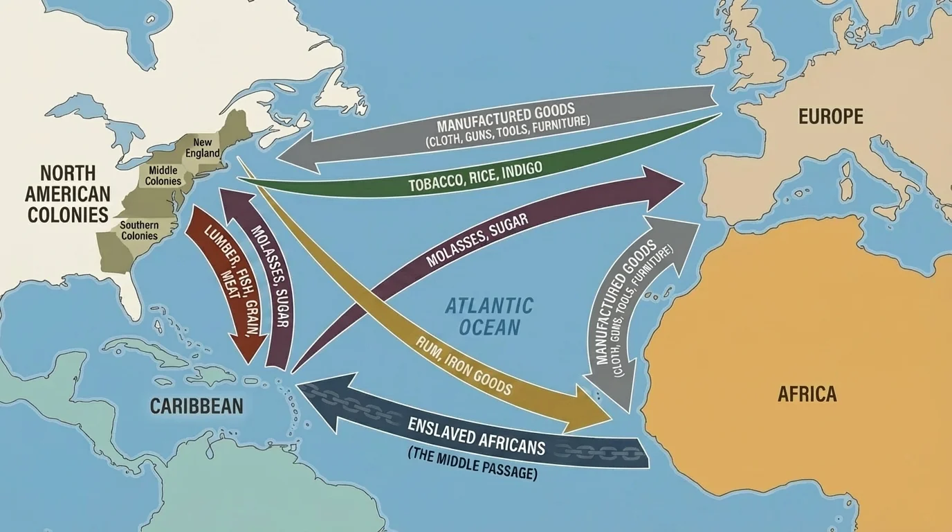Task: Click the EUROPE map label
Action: [830, 116]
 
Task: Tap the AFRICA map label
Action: [807, 394]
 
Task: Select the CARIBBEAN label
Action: [196, 405]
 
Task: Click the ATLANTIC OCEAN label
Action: [488, 316]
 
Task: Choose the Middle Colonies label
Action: [163, 176]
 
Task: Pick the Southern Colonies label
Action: [139, 231]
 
